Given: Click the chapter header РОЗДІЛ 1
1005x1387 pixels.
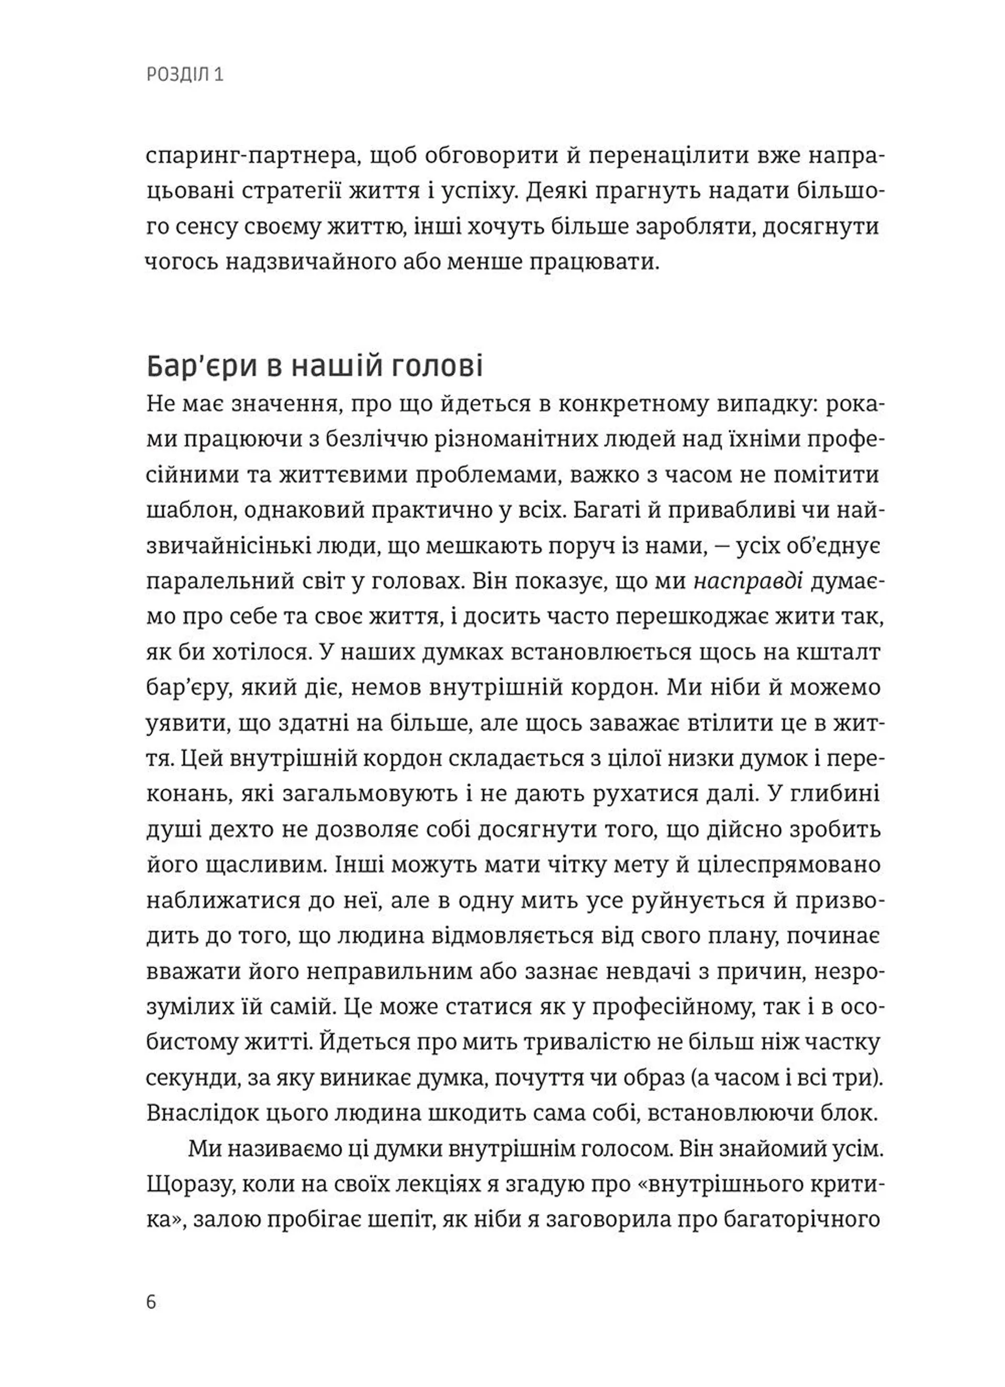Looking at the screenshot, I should [x=185, y=75].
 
